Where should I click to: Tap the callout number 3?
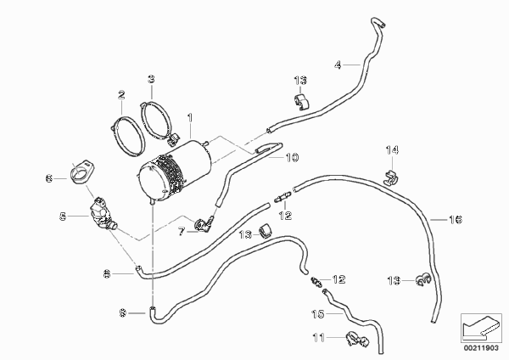[151, 80]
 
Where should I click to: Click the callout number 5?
[63, 217]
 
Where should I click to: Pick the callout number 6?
[49, 177]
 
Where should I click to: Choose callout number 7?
[181, 230]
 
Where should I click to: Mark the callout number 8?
[107, 273]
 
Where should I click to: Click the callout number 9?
[122, 314]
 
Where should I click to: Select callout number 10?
[292, 157]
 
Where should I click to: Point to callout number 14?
[392, 152]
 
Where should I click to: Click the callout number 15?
[319, 312]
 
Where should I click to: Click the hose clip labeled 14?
[391, 178]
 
